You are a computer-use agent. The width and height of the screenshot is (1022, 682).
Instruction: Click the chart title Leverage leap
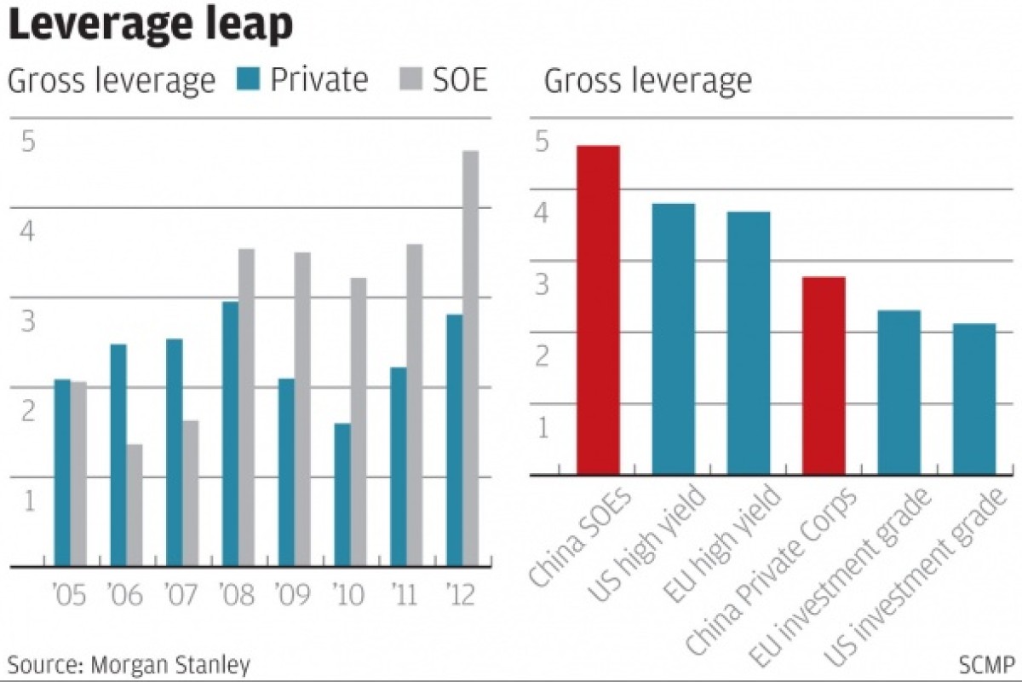(151, 26)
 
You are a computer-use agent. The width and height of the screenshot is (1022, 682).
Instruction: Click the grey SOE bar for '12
(470, 358)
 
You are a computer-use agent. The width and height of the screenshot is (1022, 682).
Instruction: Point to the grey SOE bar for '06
(135, 505)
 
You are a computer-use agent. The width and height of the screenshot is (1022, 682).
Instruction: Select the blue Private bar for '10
(342, 494)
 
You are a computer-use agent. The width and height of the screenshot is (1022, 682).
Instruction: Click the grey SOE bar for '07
(190, 493)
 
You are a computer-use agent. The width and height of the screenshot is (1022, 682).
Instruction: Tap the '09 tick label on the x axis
(294, 594)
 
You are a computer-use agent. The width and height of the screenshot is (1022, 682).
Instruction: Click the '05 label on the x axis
(70, 594)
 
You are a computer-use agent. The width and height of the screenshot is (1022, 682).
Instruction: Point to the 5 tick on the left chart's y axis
(28, 142)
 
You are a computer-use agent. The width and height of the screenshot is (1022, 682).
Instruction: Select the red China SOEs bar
(598, 309)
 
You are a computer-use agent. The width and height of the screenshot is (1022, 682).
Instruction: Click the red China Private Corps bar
(824, 375)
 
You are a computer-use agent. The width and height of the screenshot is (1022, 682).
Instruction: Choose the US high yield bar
(673, 338)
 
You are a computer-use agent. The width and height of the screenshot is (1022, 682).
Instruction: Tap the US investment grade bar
(974, 398)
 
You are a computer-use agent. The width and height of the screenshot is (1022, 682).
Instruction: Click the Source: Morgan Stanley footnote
(129, 664)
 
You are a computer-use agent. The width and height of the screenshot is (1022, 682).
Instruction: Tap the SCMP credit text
(986, 664)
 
